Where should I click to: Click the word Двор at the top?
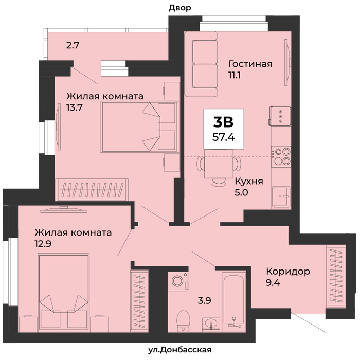click(x=180, y=8)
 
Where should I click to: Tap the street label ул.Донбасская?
click(x=180, y=350)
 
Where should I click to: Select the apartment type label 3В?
click(x=223, y=122)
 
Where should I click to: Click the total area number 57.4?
click(x=224, y=137)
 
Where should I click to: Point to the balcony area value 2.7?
click(x=73, y=45)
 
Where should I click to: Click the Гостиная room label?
click(x=250, y=64)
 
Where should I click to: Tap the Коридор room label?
click(x=288, y=272)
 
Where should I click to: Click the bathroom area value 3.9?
click(x=204, y=300)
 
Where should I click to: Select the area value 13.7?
click(x=75, y=107)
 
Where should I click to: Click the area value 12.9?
click(x=43, y=244)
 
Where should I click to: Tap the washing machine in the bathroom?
click(x=178, y=281)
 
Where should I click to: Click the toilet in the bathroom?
click(x=183, y=321)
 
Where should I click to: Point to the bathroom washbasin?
click(x=211, y=325)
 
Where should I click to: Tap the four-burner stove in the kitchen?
click(x=281, y=156)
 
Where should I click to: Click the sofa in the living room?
click(x=202, y=64)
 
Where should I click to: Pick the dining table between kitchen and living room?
click(x=219, y=164)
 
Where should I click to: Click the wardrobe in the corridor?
click(x=336, y=277)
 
